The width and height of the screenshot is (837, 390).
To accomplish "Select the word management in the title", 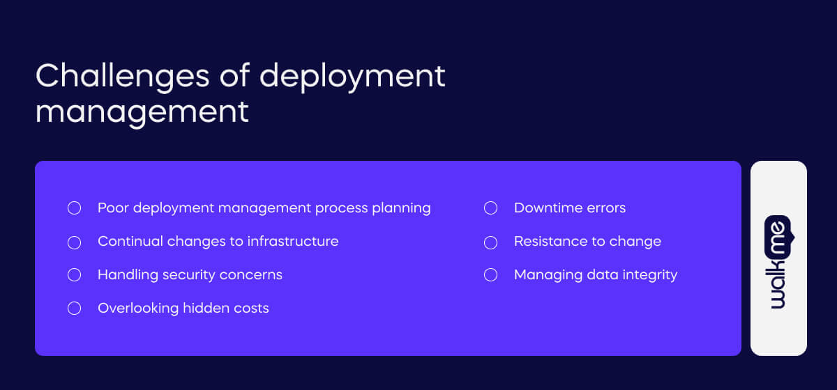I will pyautogui.click(x=142, y=111).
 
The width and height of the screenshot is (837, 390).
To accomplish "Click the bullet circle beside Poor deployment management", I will pyautogui.click(x=74, y=208).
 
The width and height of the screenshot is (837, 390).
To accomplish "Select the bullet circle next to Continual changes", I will pyautogui.click(x=74, y=242).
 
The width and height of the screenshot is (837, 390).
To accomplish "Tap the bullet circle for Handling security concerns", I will pyautogui.click(x=74, y=275).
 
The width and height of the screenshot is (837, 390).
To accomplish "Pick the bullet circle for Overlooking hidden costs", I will pyautogui.click(x=74, y=309).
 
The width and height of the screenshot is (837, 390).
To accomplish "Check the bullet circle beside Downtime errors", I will pyautogui.click(x=490, y=208).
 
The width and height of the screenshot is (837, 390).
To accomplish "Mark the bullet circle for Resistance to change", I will pyautogui.click(x=490, y=242).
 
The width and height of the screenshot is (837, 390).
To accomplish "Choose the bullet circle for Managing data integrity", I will pyautogui.click(x=490, y=275).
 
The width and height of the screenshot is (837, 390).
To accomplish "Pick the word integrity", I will pyautogui.click(x=648, y=275).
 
